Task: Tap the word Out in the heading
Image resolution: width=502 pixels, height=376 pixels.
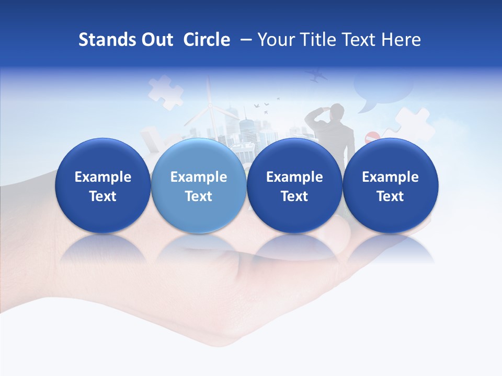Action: [156, 40]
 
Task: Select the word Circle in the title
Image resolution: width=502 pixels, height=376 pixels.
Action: [207, 40]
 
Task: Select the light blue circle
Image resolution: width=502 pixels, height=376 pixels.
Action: [198, 185]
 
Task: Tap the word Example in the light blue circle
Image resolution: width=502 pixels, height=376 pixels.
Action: [198, 177]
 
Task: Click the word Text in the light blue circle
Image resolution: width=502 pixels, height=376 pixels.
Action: [198, 196]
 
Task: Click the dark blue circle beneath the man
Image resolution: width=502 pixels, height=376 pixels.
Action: [294, 185]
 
